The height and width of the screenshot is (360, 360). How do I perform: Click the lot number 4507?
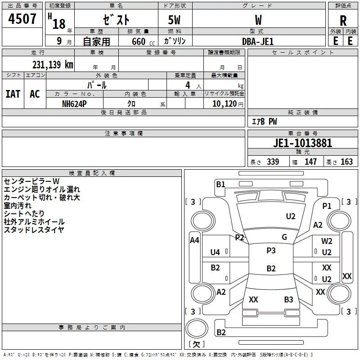tap(22, 20)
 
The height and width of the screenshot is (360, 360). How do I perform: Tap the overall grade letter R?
tap(343, 20)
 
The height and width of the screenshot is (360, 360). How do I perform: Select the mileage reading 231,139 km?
tap(53, 64)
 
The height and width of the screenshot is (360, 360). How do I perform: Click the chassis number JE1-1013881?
tap(303, 143)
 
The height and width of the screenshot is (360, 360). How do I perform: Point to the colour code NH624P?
tap(75, 103)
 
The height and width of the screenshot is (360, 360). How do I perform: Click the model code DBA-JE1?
tap(258, 41)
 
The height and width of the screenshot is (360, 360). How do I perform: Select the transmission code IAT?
tap(13, 94)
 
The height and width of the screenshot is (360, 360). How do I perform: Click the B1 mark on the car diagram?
tap(220, 184)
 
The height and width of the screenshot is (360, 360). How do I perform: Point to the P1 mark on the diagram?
tap(327, 206)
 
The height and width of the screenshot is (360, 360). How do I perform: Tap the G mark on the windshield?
tap(284, 237)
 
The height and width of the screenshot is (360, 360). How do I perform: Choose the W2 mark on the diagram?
tap(327, 241)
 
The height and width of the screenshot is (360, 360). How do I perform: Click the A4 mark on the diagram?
tap(194, 240)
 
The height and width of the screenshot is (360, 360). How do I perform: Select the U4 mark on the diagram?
tap(215, 252)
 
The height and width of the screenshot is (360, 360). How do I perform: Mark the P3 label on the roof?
tap(271, 251)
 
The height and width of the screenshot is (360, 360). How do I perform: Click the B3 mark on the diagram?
tap(288, 299)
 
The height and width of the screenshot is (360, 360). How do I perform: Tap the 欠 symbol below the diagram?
tap(196, 344)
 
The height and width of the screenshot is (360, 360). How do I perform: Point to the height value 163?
tap(347, 162)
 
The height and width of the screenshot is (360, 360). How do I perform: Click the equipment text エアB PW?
tap(264, 121)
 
